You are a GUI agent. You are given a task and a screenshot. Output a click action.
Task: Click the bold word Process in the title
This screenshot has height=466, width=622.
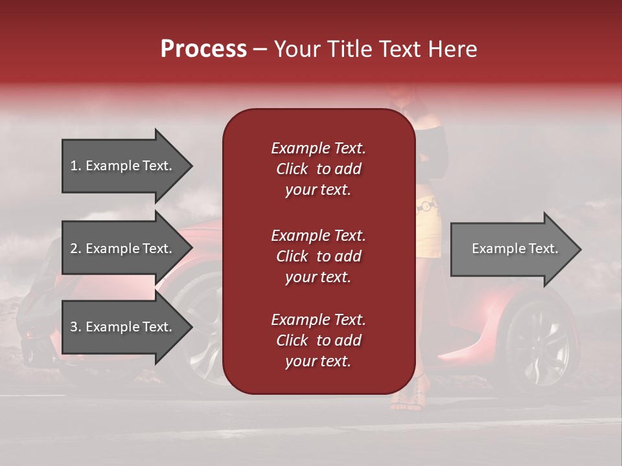(203, 49)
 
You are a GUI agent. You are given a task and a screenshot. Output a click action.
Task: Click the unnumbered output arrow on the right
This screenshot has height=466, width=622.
(512, 249)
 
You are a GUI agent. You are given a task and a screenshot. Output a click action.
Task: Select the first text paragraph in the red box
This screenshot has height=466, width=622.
(318, 169)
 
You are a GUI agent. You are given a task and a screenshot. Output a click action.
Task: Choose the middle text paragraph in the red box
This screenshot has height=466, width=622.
(318, 256)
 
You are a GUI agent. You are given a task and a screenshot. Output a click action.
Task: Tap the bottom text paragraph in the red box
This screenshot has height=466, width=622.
(318, 340)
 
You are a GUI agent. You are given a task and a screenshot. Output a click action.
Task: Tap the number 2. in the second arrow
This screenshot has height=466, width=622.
(76, 249)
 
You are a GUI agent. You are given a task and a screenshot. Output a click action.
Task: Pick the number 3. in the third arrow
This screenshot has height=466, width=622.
(76, 327)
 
